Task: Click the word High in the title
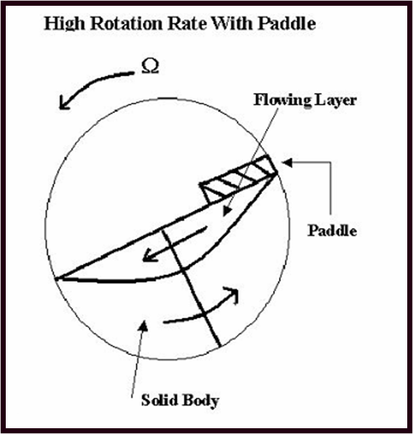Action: point(64,24)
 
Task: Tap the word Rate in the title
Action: point(187,23)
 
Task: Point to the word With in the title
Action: point(232,23)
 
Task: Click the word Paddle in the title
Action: point(287,23)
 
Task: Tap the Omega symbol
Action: point(150,67)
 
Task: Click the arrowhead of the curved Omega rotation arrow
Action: point(65,103)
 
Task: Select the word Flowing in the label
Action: point(282,100)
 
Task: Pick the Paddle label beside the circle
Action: point(332,231)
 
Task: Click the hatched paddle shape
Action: point(239,177)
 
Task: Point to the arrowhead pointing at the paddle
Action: point(287,163)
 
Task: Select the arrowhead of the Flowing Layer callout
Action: point(227,211)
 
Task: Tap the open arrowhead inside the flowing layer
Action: point(149,255)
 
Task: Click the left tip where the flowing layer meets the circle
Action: point(56,278)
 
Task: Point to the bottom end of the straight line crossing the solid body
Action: point(220,346)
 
